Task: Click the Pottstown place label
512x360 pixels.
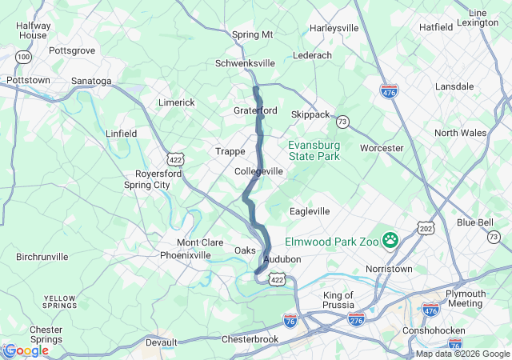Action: [x=28, y=81]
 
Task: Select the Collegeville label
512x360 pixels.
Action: [x=258, y=172]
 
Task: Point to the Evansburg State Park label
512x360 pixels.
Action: [x=314, y=150]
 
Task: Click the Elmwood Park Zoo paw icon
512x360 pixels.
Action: [x=390, y=238]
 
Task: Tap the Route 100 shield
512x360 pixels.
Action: [x=24, y=57]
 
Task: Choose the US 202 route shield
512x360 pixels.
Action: [x=426, y=229]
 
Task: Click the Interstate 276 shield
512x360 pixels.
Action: [x=357, y=318]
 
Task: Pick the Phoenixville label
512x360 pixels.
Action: [x=186, y=255]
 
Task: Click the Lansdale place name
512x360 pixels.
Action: [x=454, y=86]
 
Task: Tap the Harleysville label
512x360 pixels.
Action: [x=334, y=28]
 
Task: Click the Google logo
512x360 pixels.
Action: [x=26, y=350]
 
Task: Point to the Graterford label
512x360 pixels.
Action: [x=255, y=110]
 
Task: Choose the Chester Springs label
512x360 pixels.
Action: [x=46, y=334]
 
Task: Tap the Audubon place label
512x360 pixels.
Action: [x=282, y=260]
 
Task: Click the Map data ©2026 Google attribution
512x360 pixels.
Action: [x=462, y=354]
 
